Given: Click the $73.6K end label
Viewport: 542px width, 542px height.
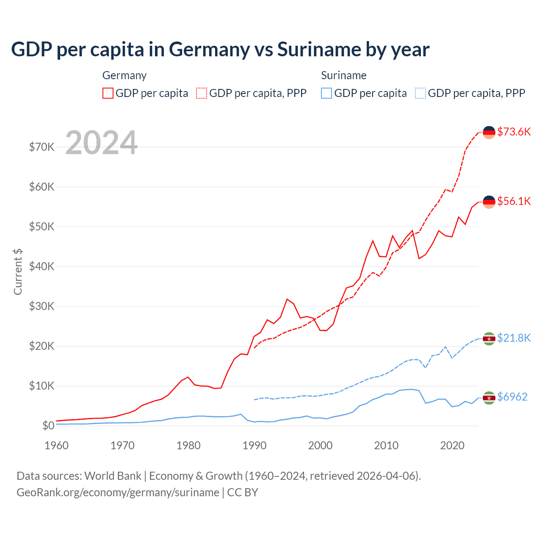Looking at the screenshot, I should click(x=514, y=132).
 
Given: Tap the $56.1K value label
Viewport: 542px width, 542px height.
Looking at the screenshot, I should click(x=514, y=201).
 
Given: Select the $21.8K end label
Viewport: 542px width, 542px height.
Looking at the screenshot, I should click(x=514, y=338).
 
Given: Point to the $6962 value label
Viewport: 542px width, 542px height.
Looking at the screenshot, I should click(x=512, y=397).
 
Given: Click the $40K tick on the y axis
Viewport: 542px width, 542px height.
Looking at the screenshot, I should click(x=41, y=266).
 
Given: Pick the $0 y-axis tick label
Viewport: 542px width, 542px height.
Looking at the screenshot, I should click(x=48, y=426).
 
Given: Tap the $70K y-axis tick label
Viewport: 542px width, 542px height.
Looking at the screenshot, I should click(x=41, y=147).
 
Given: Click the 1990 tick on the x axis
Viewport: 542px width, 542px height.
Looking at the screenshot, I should click(x=254, y=445).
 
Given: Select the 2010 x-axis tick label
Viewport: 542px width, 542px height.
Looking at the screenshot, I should click(x=386, y=445).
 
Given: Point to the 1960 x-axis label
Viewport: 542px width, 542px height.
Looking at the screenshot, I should click(x=57, y=445).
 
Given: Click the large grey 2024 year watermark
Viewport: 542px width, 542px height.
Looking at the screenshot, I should click(x=102, y=143).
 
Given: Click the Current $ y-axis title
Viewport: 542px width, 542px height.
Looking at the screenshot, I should click(x=18, y=272).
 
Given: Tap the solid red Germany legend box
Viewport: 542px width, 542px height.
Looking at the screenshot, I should click(x=108, y=93).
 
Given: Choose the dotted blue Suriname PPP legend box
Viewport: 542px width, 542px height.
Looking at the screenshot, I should click(x=420, y=93).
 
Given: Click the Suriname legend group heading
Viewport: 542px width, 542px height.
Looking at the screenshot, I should click(x=343, y=75).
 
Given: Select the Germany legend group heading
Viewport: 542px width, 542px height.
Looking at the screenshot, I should click(x=124, y=75).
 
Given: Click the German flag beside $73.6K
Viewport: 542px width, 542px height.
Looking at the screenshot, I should click(x=489, y=132).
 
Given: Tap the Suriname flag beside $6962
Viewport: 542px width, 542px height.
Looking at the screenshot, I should click(x=489, y=398).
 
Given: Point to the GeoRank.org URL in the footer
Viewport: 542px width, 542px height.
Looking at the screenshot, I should click(x=118, y=492).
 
